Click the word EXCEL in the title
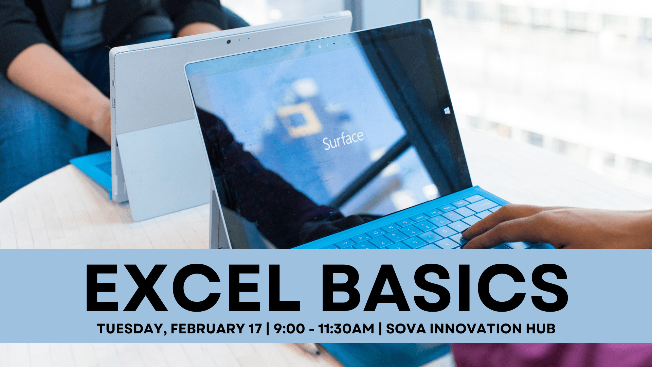pyautogui.click(x=193, y=288)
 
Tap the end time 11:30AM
pyautogui.click(x=346, y=329)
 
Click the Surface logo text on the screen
pyautogui.click(x=343, y=140)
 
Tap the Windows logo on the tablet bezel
pyautogui.click(x=447, y=110)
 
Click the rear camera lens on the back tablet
pyautogui.click(x=229, y=41)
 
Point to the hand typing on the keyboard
pyautogui.click(x=557, y=226)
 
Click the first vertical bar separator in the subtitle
pyautogui.click(x=268, y=329)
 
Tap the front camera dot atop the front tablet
pyautogui.click(x=320, y=46)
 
